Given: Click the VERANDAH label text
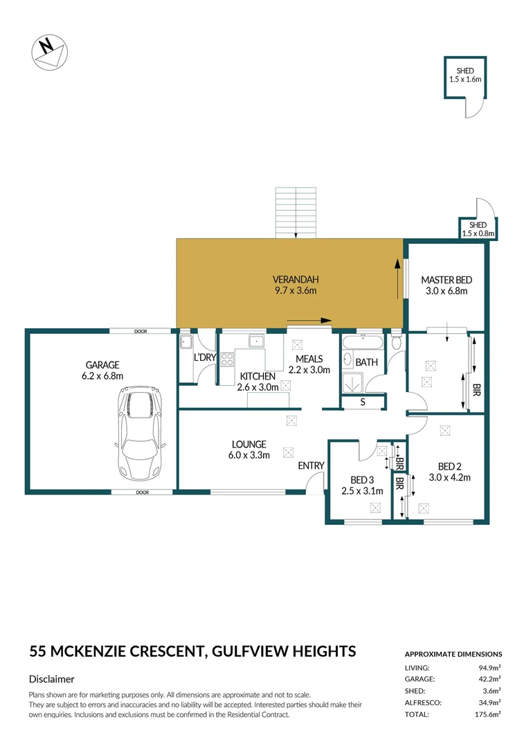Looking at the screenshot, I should coord(296,285).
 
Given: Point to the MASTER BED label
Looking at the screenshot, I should coord(446,285).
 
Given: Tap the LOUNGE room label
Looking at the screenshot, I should coord(249,449).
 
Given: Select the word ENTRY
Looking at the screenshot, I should coord(311,465).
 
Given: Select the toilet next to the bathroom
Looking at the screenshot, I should coord(395,341).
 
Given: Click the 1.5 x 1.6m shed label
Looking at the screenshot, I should coord(464,75).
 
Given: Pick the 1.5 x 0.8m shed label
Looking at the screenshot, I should coord(478,229).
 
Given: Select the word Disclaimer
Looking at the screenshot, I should coord(52,679).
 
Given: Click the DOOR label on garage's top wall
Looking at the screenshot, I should coord(142,331).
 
